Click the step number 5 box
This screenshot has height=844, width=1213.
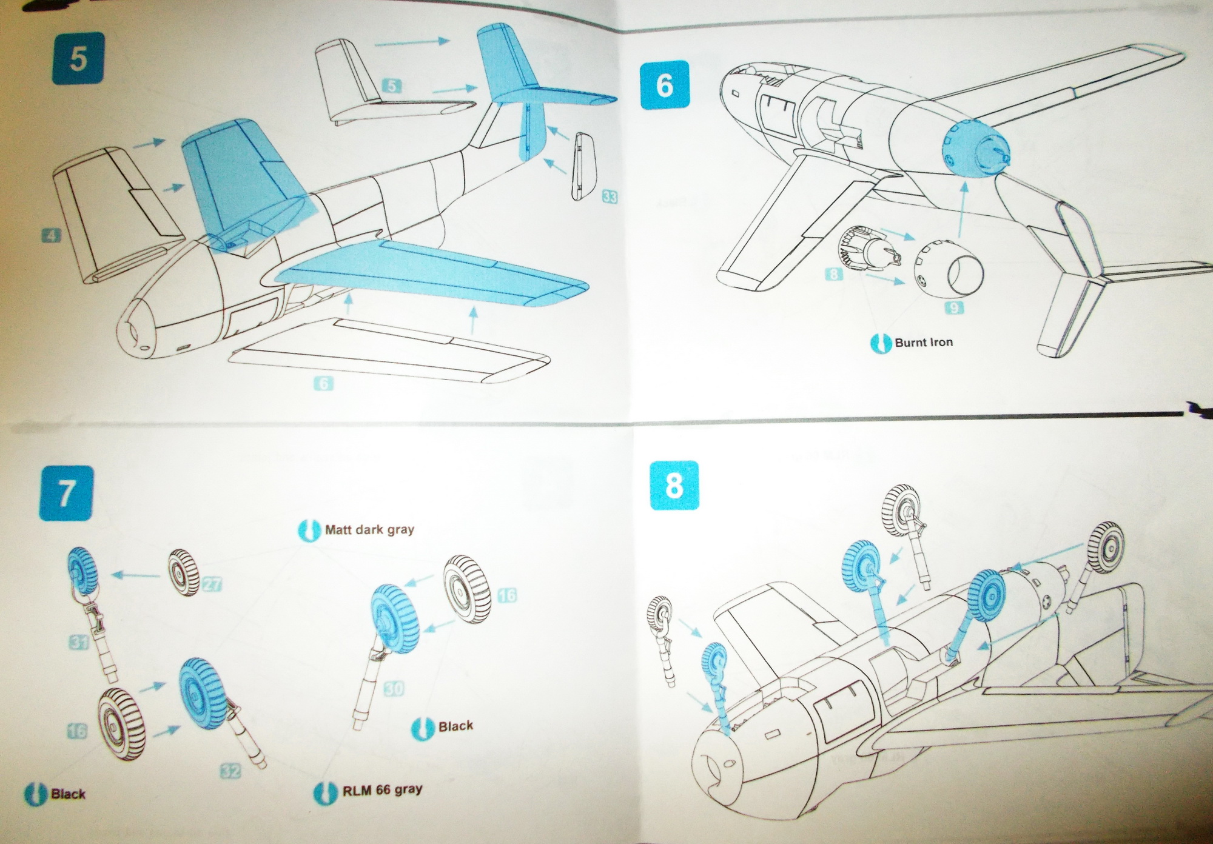tap(78, 58)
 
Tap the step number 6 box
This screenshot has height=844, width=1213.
tap(665, 85)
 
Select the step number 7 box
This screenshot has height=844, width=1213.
tap(67, 494)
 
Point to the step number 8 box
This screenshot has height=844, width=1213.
tap(674, 486)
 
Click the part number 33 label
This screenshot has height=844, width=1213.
tap(610, 197)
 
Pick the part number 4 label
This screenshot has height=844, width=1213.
tap(51, 235)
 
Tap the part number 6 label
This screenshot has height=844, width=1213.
tap(324, 383)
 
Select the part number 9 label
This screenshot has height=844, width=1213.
tap(953, 308)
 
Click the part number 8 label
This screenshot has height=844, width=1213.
tap(834, 274)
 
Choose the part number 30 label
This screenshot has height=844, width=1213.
tap(394, 688)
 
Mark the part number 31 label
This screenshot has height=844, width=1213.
tap(79, 641)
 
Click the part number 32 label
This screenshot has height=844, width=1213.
tap(231, 771)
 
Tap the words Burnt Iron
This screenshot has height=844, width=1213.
tap(923, 343)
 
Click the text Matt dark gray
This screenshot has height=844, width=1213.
tap(369, 530)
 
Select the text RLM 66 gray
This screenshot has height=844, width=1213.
tap(382, 790)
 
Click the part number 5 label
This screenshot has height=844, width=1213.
tap(392, 86)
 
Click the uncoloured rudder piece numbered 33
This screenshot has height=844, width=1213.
tap(582, 165)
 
